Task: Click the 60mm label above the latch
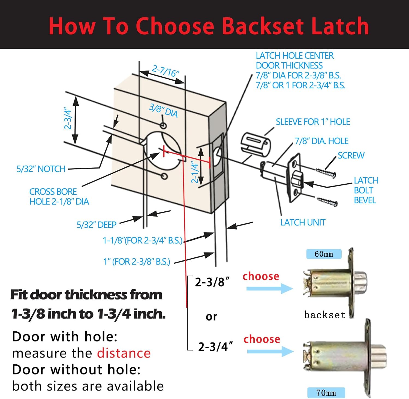click(324, 254)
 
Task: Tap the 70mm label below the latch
click(326, 393)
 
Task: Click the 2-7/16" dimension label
click(165, 71)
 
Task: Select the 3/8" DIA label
click(163, 110)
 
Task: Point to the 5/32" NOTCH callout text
click(41, 169)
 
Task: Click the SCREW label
click(351, 155)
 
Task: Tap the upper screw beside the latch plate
click(326, 173)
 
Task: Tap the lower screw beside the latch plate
click(327, 202)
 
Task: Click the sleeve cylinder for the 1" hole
click(255, 144)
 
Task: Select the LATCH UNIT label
click(303, 223)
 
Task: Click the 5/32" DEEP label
click(97, 225)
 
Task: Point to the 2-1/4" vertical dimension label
click(194, 172)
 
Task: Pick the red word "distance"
click(124, 353)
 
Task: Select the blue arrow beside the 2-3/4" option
click(270, 351)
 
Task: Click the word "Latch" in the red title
click(340, 26)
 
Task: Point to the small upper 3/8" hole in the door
click(163, 125)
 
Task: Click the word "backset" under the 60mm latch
click(325, 315)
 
